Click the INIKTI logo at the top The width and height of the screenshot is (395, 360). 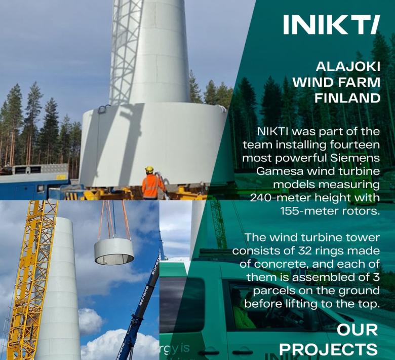click(x=331, y=24)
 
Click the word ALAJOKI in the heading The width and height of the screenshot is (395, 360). click(x=348, y=66)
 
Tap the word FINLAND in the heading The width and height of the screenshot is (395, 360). click(x=347, y=98)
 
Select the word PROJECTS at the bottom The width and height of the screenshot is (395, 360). click(x=328, y=350)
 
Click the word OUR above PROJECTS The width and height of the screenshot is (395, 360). click(x=357, y=330)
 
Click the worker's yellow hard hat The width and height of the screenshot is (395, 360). click(x=149, y=169)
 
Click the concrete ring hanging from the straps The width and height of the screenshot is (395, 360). click(x=114, y=251)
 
